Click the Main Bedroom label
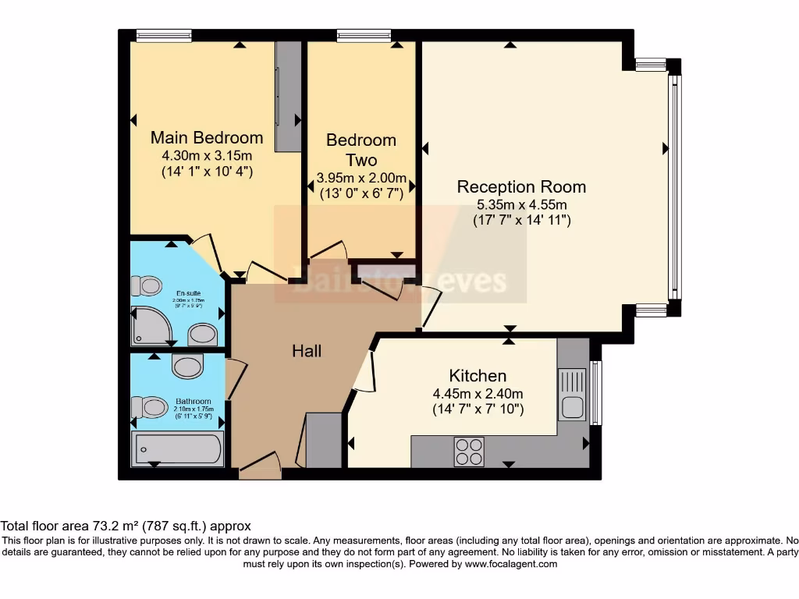pyautogui.click(x=207, y=137)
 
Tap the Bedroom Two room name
pyautogui.click(x=361, y=150)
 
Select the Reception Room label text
pyautogui.click(x=521, y=187)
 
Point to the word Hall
pyautogui.click(x=307, y=351)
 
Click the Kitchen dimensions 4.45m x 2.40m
pyautogui.click(x=478, y=393)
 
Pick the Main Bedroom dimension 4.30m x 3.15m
pyautogui.click(x=207, y=155)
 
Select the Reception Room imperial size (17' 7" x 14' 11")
pyautogui.click(x=522, y=221)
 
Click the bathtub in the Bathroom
pyautogui.click(x=178, y=449)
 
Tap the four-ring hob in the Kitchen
pyautogui.click(x=469, y=451)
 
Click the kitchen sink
pyautogui.click(x=570, y=406)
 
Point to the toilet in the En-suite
pyautogui.click(x=143, y=286)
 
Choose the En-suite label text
pyautogui.click(x=188, y=293)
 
